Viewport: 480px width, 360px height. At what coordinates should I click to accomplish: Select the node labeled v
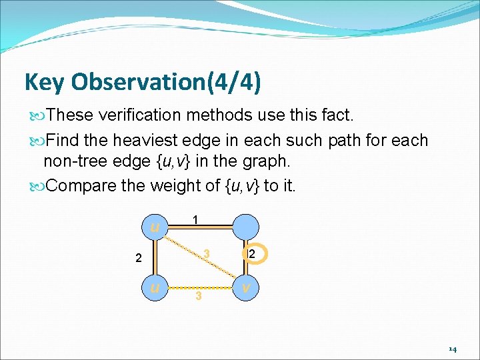pos(245,288)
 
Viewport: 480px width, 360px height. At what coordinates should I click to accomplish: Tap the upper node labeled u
pos(155,227)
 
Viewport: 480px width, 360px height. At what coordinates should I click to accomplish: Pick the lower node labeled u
pos(155,288)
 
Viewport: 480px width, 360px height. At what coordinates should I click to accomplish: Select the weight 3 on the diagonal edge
pos(207,254)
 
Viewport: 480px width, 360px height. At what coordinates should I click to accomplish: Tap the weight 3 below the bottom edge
pos(198,296)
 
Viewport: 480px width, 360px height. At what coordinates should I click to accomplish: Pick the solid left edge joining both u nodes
pos(155,257)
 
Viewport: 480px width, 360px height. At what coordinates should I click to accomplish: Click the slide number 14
pos(452,349)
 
